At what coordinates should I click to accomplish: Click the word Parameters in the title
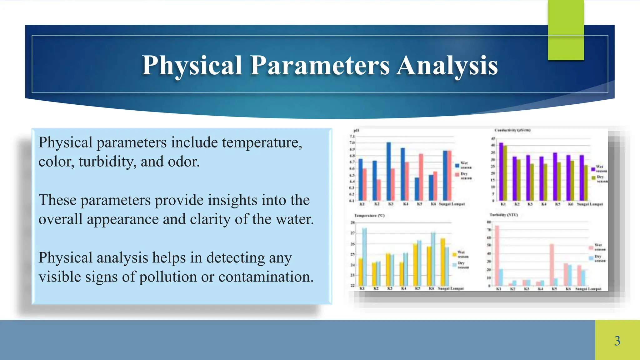(320, 65)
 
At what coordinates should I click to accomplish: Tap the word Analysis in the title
(447, 65)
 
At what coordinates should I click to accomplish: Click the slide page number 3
(617, 341)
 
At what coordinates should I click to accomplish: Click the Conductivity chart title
(512, 130)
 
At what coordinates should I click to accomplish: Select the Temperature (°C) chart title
(369, 216)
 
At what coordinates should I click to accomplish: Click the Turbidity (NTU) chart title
(504, 215)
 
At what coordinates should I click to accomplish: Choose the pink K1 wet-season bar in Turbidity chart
(497, 255)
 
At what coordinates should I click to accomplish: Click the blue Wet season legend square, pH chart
(457, 165)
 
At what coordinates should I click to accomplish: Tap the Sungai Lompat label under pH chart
(452, 204)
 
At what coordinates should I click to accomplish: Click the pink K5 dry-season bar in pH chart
(421, 177)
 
